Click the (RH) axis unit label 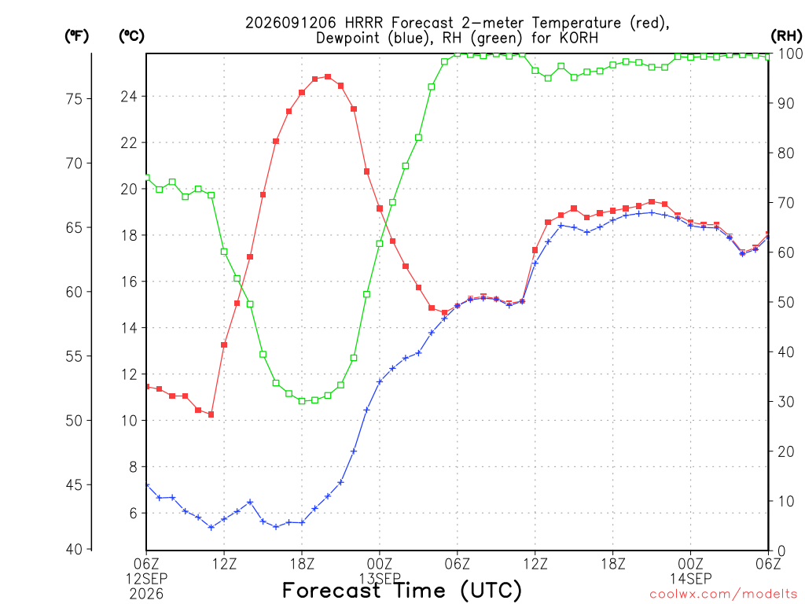786,35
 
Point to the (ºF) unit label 76,36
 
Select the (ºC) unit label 131,36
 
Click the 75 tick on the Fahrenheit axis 74,98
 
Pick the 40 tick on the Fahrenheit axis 74,549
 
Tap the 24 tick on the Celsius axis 129,97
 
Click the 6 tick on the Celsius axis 133,513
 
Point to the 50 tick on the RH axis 785,302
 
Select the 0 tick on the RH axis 781,551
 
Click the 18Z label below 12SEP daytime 302,564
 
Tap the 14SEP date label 690,579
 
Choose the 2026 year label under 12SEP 146,594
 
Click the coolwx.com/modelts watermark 723,594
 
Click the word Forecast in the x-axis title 331,590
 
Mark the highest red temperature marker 328,77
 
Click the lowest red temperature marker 211,414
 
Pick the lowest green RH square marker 302,401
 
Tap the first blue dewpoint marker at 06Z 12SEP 147,484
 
